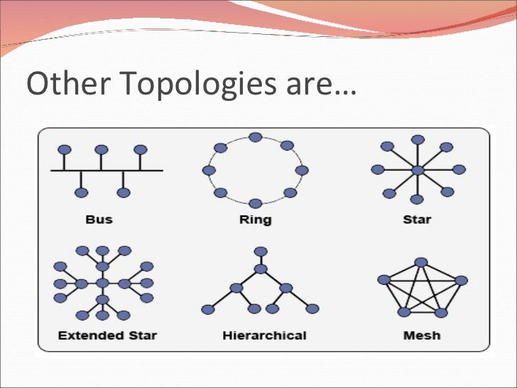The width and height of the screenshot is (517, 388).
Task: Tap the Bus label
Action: pos(99,220)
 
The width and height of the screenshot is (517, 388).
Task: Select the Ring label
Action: pos(256,220)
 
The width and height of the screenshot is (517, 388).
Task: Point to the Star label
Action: pos(417,220)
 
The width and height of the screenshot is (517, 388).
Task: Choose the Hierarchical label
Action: pos(265,335)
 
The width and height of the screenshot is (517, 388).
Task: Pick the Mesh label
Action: pos(422,335)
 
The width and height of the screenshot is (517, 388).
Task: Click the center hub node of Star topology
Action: pos(418,170)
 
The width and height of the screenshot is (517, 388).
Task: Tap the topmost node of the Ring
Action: pos(256,137)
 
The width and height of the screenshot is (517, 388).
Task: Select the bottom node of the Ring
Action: pos(256,203)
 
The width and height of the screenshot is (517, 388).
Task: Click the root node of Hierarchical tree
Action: pos(261,252)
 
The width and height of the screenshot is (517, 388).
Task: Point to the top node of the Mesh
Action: pos(422,262)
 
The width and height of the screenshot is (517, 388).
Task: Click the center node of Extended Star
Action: pos(103,284)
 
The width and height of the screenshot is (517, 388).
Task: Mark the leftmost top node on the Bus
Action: pos(64,150)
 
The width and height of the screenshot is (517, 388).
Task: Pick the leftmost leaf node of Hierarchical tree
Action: pos(208,309)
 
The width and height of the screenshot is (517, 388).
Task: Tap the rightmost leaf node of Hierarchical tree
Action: pos(313,309)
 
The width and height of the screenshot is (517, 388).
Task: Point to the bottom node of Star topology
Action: pos(417,200)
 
